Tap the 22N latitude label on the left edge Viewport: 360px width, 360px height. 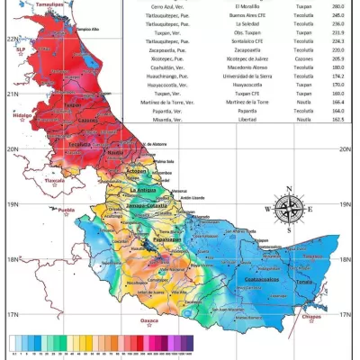[11, 39]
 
